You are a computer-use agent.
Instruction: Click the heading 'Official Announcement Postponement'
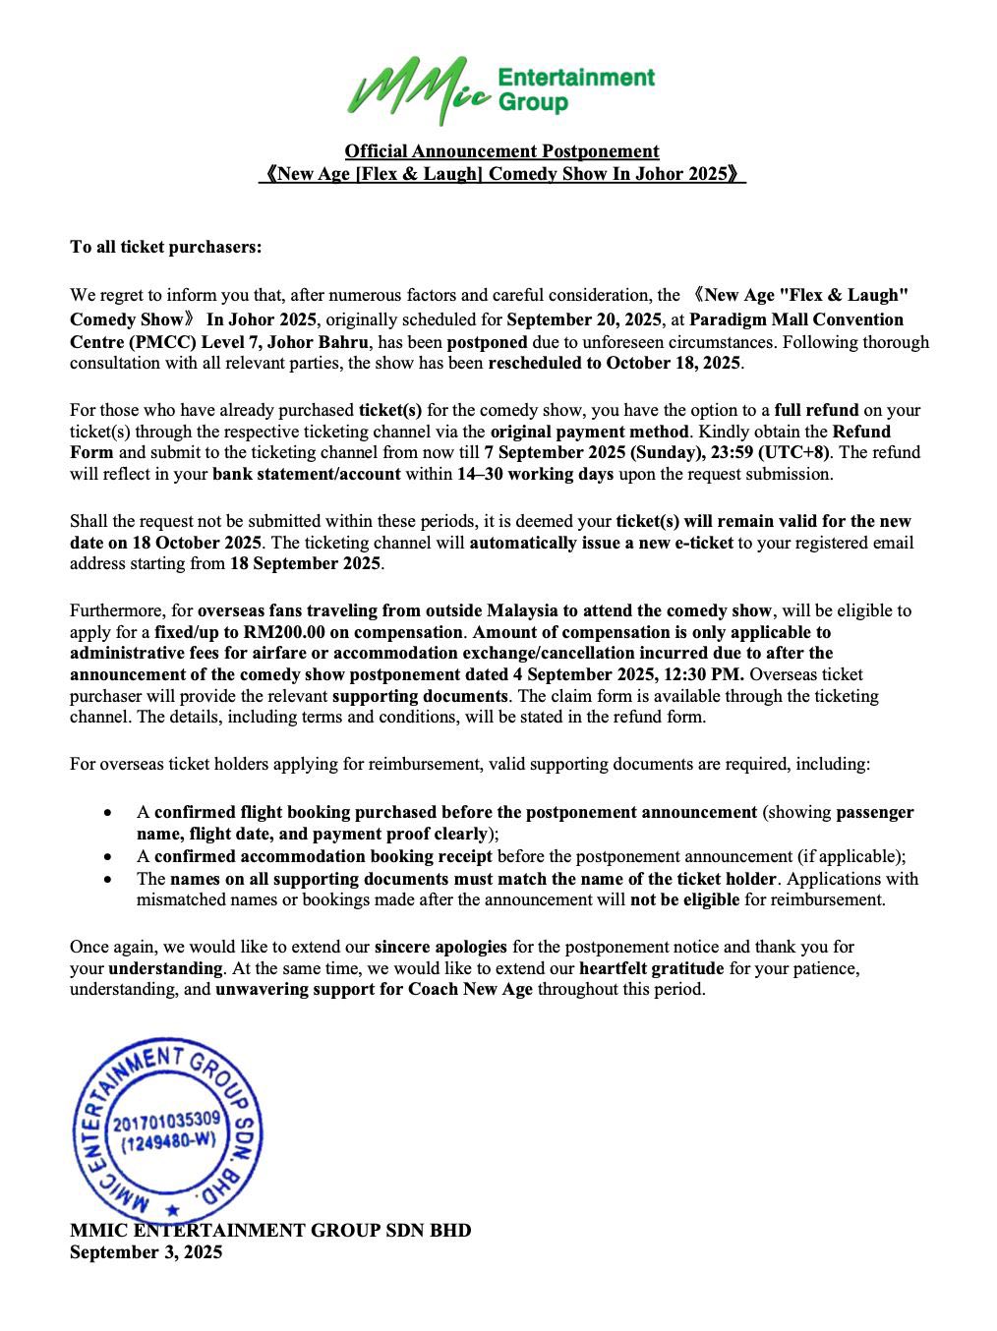(x=501, y=151)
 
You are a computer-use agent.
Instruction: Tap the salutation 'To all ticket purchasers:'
(x=166, y=247)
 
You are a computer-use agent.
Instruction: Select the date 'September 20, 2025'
(x=583, y=319)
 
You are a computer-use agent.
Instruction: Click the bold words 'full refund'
(x=816, y=410)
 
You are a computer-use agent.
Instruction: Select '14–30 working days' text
(x=535, y=474)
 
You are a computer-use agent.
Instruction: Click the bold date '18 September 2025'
(x=306, y=564)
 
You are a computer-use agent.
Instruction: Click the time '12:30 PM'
(x=710, y=674)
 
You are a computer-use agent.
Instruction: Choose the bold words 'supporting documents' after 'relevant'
(x=420, y=696)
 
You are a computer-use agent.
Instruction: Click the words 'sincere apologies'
(x=440, y=947)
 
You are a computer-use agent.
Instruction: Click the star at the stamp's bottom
(x=174, y=1210)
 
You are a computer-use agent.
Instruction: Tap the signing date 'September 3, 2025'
(x=146, y=1252)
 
